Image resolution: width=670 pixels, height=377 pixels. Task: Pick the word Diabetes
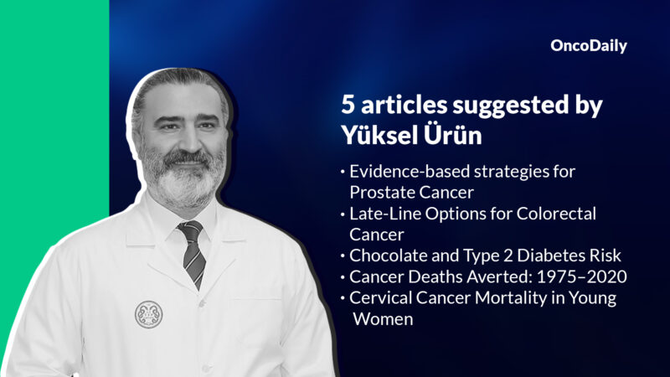[x=522, y=256]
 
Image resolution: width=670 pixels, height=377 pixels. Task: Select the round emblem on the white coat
[x=148, y=313]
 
